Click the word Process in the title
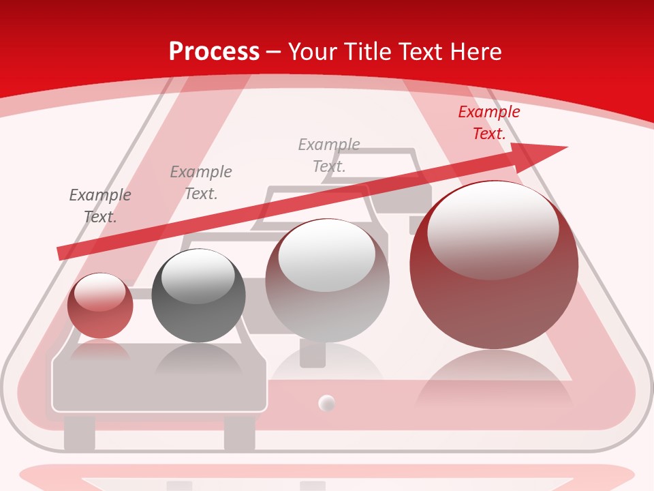coord(214,52)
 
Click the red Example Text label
coord(489,123)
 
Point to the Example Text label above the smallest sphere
coord(100,206)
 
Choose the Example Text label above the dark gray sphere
coord(201,183)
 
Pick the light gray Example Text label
coord(329,155)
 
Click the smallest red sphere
coord(100,306)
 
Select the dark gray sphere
coord(198,296)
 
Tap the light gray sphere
coord(327,280)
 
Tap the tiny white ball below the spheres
coord(328,403)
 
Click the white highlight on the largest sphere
coord(493,228)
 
